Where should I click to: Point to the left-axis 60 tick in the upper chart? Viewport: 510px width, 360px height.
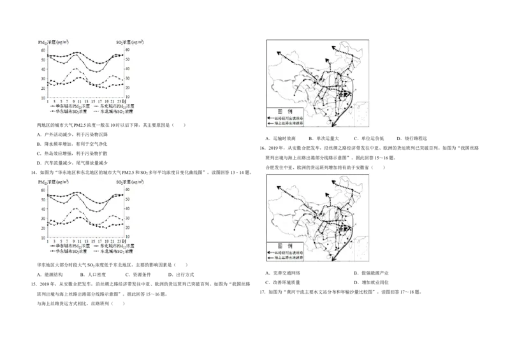coord(42,50)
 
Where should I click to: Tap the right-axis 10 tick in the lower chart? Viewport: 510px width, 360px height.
coord(127,238)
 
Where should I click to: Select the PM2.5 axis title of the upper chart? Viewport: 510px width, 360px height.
coord(54,42)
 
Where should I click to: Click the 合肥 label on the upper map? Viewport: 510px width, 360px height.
coord(347,94)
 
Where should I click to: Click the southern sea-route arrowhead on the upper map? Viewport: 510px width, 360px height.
coord(333,127)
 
